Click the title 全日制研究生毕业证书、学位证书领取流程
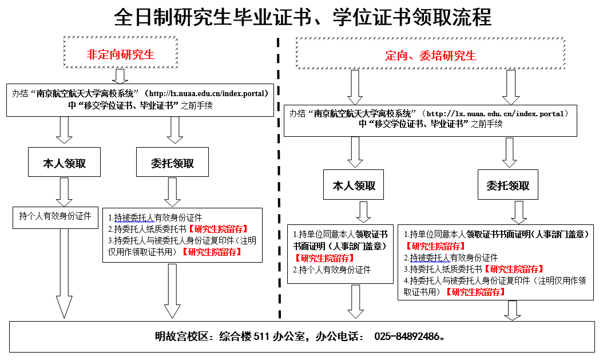pos(303,17)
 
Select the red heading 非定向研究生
pos(121,55)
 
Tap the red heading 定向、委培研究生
pos(430,56)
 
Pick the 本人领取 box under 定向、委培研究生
pos(355,185)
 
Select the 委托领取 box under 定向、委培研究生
pos(508,185)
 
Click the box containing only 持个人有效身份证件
pos(55,216)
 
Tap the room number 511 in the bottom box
pos(260,336)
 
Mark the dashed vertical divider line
pos(279,172)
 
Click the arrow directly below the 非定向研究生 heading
pos(121,76)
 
